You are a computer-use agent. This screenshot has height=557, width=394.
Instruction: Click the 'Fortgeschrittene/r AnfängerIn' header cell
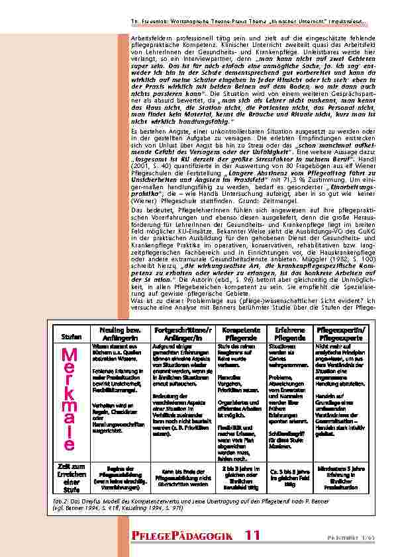point(181,333)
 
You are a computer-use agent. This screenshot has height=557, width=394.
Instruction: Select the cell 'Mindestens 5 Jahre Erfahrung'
point(341,474)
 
